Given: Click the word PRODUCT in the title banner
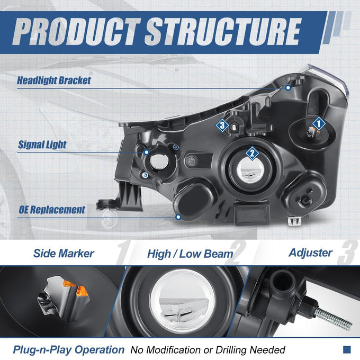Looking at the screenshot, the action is click(76, 31).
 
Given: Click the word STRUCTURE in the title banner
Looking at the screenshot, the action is click(223, 31).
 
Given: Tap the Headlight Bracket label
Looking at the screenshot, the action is click(54, 80).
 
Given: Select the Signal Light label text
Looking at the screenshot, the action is click(42, 145).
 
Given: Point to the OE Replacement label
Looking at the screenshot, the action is click(52, 210).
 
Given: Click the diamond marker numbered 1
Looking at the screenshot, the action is click(319, 124).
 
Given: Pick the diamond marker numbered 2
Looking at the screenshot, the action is click(253, 153).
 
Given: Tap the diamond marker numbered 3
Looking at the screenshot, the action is click(222, 125).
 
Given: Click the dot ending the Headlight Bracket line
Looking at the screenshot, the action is click(288, 87).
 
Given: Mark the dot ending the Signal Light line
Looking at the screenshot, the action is click(147, 152).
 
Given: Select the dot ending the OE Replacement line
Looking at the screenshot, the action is click(178, 217).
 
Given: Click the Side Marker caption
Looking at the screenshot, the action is click(64, 254).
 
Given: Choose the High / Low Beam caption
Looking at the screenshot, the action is click(190, 254).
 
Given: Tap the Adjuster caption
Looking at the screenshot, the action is click(310, 253).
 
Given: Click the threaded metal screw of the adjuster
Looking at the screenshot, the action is click(334, 319).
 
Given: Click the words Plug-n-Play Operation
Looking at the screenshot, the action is click(69, 350).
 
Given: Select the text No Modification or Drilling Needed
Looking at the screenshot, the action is click(208, 350).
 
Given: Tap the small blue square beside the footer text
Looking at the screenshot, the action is click(347, 349).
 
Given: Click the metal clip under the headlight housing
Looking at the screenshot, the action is click(294, 221).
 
